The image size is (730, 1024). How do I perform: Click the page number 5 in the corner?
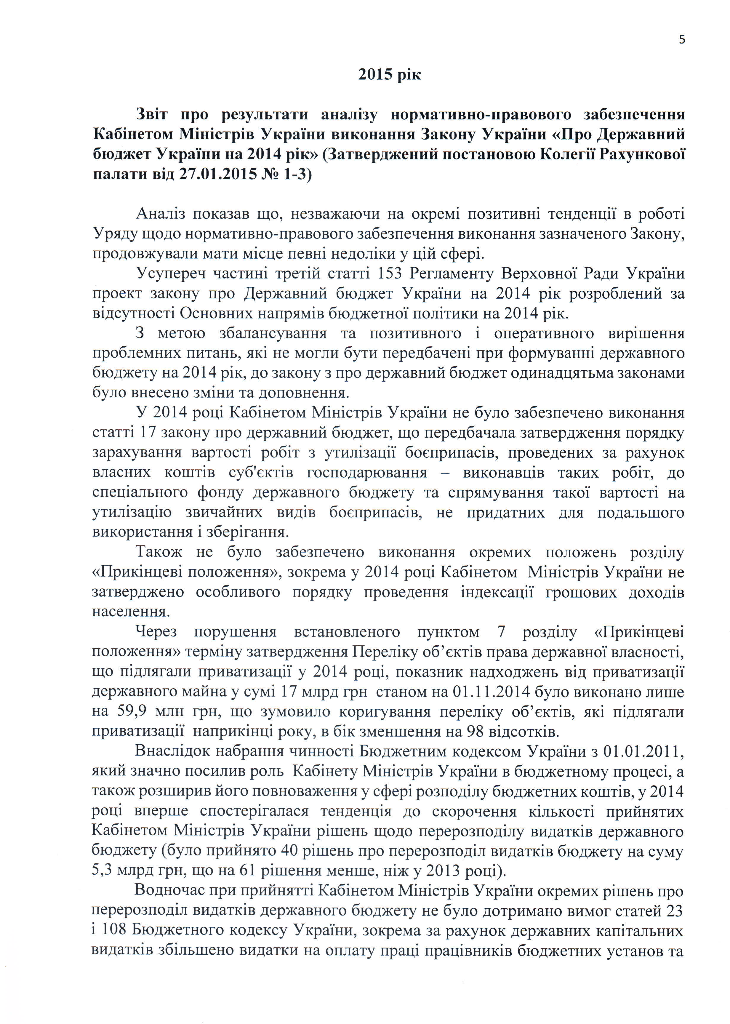pos(682,40)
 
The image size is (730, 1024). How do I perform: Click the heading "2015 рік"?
pos(389,75)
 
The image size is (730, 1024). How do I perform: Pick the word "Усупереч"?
pos(169,274)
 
